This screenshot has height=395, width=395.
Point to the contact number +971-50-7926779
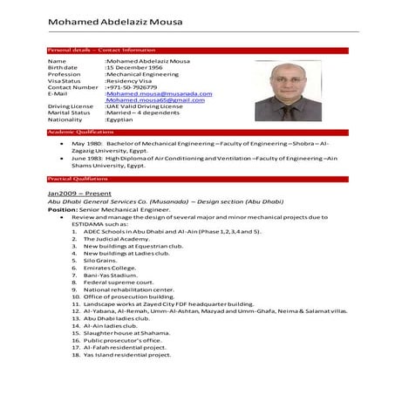132,87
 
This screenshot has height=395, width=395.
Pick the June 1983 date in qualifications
87,158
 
